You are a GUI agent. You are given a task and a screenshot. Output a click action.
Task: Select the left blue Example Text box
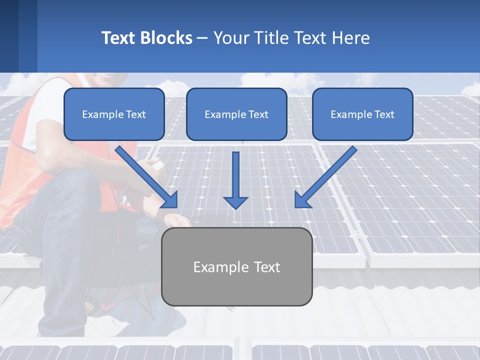(114, 114)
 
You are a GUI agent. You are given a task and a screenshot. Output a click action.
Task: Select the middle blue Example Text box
(236, 114)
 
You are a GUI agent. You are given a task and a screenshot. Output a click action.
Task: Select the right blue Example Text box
(362, 114)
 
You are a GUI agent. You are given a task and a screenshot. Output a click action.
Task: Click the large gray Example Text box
(236, 266)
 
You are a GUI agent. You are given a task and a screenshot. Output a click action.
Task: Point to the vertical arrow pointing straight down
(235, 177)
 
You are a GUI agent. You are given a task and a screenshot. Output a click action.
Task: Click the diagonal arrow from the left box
(145, 175)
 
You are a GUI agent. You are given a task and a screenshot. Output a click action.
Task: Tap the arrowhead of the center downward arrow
(235, 202)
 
